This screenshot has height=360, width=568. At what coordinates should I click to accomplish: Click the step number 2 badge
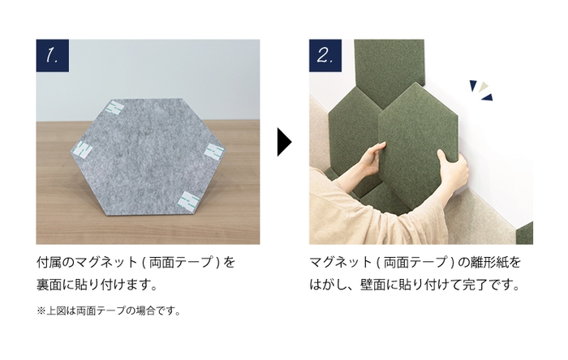click(x=325, y=56)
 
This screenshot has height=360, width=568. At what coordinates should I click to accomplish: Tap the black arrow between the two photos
click(x=283, y=141)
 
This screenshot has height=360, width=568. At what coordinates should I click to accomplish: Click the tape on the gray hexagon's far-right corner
click(x=213, y=151)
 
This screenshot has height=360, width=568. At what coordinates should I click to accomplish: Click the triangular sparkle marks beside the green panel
click(x=481, y=90)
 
